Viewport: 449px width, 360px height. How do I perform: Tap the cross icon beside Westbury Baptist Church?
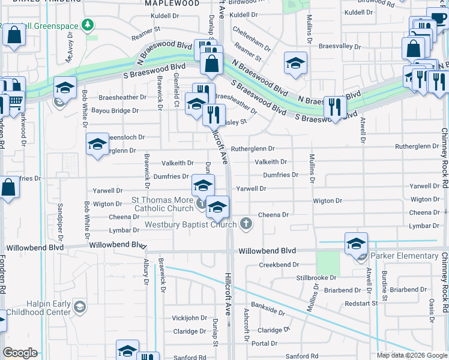(x=246, y=224)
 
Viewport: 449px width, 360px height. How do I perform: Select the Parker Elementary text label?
(x=404, y=256)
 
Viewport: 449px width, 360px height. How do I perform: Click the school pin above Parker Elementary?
(x=356, y=244)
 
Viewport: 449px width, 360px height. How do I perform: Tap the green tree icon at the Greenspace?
(x=88, y=25)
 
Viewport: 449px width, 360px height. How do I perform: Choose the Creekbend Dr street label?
(x=279, y=265)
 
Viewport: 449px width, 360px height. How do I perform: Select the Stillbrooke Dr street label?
(x=316, y=278)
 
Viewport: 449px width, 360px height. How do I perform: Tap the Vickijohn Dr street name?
(x=189, y=317)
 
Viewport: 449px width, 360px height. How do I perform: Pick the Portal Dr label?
(x=264, y=343)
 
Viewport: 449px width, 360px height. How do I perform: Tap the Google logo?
(x=20, y=353)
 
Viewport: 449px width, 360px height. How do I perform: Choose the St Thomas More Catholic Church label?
(x=162, y=204)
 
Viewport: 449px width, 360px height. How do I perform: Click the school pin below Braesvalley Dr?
(x=295, y=64)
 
